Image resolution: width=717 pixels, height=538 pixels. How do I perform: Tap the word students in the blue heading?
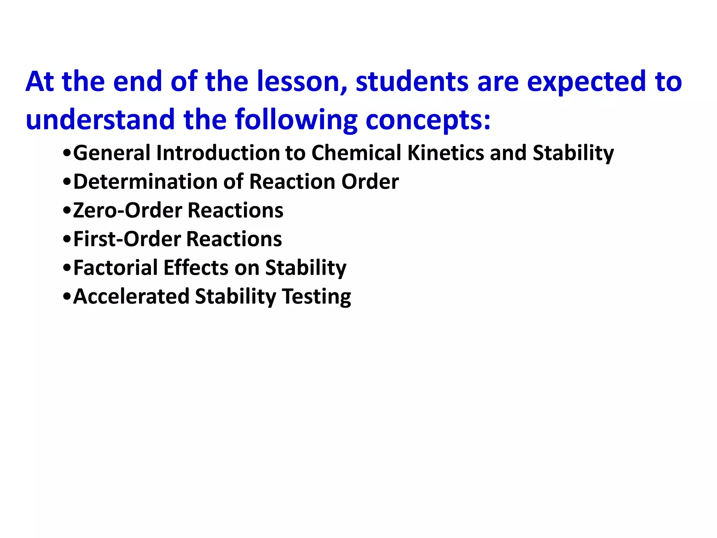coord(412,82)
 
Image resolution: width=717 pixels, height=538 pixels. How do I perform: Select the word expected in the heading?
coord(586,82)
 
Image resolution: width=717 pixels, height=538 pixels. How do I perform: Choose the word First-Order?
coord(127,239)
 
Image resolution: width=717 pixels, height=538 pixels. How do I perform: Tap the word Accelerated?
coord(131,297)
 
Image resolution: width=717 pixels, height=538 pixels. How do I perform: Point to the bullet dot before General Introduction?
coord(67,154)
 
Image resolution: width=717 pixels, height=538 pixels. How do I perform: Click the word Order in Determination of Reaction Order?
coord(370,182)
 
